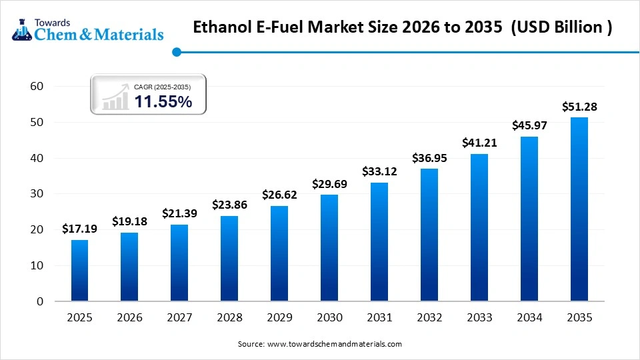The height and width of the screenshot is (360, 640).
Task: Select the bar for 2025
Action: (x=79, y=270)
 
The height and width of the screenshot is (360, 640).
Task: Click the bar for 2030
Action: (x=329, y=247)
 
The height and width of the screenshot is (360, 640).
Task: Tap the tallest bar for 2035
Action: (x=579, y=209)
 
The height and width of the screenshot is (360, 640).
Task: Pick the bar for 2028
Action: (x=229, y=258)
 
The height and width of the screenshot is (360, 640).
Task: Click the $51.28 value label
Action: (x=579, y=107)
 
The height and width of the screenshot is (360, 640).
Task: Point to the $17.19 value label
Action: (x=79, y=229)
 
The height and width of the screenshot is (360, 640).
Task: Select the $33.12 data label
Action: (x=379, y=171)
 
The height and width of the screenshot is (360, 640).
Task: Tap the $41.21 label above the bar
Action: (x=479, y=143)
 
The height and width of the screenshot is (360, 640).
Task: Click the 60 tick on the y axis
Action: (x=37, y=86)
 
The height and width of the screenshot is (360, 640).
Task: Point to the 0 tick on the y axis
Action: (x=39, y=301)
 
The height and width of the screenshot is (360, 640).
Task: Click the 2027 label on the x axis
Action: (x=179, y=318)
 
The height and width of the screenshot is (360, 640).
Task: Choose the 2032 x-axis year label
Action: (x=429, y=318)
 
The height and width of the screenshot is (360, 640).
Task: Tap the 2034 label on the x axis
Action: (x=529, y=318)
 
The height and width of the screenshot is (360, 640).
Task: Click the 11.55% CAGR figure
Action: (x=163, y=102)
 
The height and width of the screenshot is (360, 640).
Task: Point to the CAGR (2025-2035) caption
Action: (x=162, y=87)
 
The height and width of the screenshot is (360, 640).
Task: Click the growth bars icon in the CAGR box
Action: (x=115, y=97)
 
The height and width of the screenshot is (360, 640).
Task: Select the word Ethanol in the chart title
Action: (x=222, y=28)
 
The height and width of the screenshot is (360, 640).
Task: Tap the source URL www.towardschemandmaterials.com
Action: (x=335, y=344)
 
